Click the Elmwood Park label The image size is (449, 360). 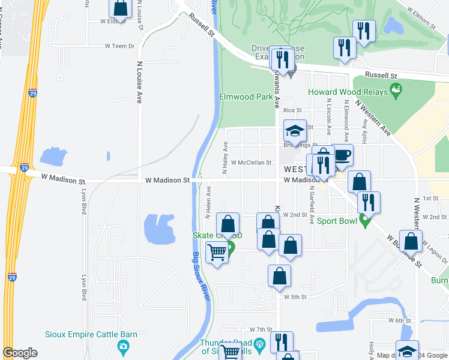[246, 96]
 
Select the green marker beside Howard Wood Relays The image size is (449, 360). [396, 91]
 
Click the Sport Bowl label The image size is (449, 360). [337, 221]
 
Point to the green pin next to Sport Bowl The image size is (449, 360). [364, 221]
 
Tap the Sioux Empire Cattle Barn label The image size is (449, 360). [91, 335]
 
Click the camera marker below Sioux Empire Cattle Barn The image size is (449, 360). [123, 346]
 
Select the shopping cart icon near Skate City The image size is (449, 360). [217, 253]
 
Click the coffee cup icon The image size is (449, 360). [343, 155]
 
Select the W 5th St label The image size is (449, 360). [295, 296]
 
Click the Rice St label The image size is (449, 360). [292, 110]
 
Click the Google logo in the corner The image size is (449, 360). [20, 353]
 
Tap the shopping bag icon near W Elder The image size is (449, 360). [120, 9]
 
